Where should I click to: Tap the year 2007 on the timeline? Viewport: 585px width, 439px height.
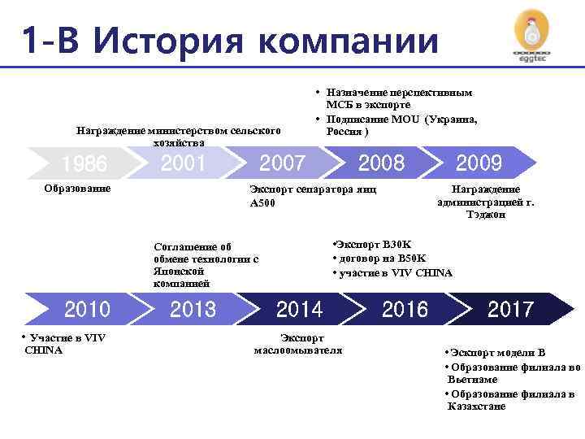click(282, 163)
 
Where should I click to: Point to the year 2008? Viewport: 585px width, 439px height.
click(380, 163)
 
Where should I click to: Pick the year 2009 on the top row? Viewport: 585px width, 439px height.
click(479, 163)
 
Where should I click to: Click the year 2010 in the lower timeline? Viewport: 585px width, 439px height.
click(87, 309)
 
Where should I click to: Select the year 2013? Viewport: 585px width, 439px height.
click(193, 309)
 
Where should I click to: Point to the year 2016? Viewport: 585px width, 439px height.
click(405, 309)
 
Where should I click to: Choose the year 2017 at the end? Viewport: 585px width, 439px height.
click(509, 309)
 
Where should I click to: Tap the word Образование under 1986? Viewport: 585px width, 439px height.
click(78, 189)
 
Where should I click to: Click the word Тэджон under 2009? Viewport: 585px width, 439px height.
click(485, 215)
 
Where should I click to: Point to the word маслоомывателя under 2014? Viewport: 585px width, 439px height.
click(298, 350)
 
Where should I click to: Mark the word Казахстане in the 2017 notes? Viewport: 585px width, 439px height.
click(476, 406)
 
